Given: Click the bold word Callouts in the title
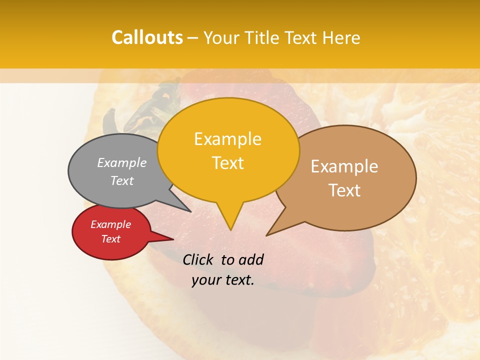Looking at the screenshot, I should [147, 37].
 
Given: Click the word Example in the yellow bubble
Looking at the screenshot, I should [227, 139].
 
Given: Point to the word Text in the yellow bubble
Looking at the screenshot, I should [227, 163].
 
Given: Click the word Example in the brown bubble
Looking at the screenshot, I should [344, 166].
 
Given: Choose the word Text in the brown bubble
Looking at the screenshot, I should [344, 190].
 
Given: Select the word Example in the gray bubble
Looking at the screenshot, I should [122, 162].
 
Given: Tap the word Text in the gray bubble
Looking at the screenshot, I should [122, 180].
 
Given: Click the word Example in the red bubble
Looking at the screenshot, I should [110, 224].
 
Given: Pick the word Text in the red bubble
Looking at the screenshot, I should [110, 239].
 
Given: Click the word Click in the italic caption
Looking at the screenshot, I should [199, 259].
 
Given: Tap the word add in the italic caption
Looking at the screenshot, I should [251, 259].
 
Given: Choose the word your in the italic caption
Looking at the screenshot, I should [205, 280].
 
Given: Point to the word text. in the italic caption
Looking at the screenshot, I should [238, 280].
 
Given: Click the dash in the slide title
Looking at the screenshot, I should [193, 38].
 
